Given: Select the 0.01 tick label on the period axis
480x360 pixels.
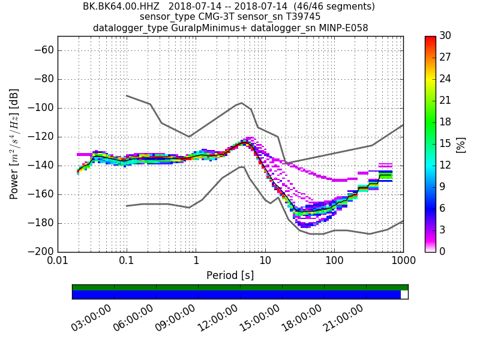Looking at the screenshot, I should (58, 262).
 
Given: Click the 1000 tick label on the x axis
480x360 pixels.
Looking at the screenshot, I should (403, 262).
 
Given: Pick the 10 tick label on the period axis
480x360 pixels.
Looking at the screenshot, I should (265, 262).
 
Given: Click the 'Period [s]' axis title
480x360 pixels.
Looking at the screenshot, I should (230, 275).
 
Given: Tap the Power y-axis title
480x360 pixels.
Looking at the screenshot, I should (14, 144).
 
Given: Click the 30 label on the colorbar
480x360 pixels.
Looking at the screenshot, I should (445, 36).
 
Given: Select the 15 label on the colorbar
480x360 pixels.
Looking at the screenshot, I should (445, 144).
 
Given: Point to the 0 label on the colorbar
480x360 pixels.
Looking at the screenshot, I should (442, 251).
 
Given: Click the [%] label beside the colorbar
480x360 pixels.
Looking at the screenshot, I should (461, 144).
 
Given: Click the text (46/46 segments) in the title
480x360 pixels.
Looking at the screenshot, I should (330, 7).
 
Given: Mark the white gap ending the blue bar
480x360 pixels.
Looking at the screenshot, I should (404, 295).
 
